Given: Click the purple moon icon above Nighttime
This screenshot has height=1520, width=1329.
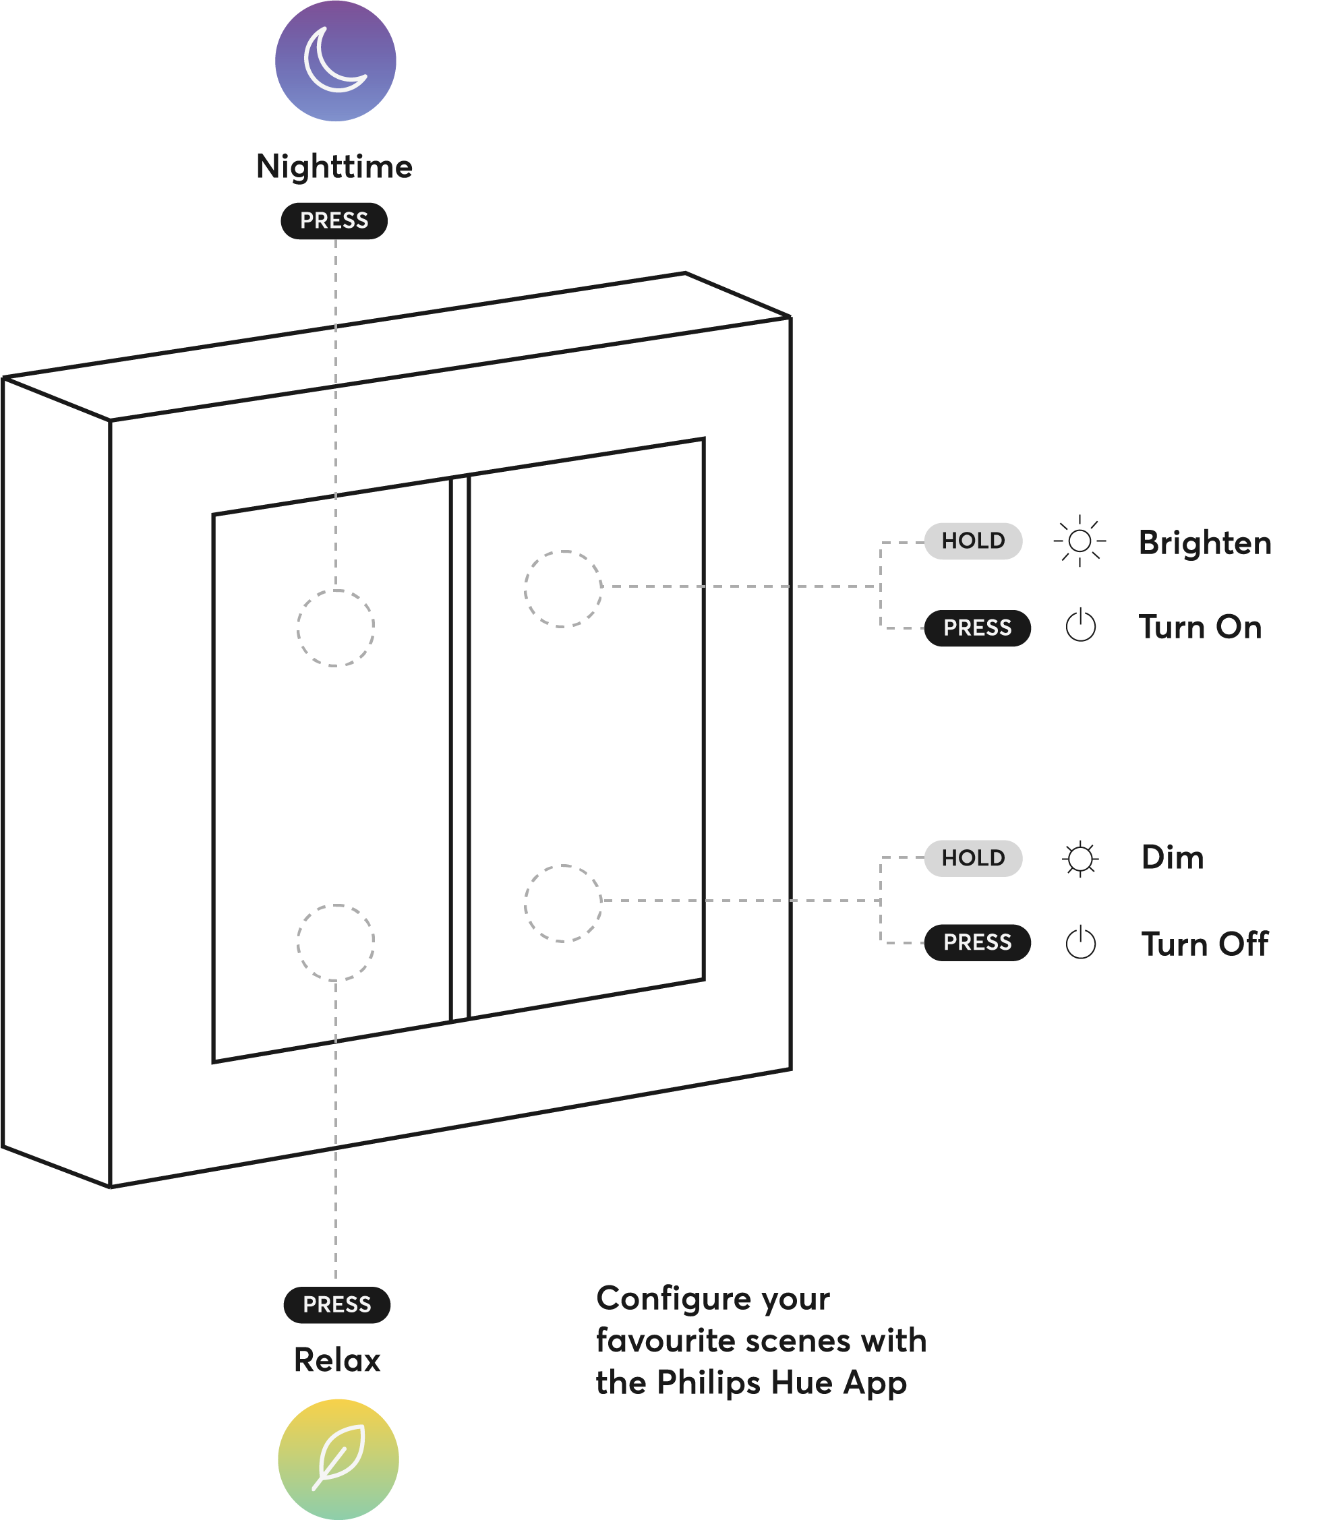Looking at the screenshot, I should click(335, 61).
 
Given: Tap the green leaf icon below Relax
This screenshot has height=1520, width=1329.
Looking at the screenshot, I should click(338, 1458).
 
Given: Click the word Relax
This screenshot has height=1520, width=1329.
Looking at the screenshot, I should click(337, 1360).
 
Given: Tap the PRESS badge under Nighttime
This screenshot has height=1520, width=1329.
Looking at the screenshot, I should click(334, 221).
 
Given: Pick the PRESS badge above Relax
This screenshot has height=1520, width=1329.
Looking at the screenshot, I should click(336, 1304).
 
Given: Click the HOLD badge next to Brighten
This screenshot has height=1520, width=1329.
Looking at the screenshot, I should click(973, 541).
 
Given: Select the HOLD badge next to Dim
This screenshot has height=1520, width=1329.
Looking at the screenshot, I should click(973, 858).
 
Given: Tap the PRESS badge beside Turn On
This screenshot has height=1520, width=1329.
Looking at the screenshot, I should click(977, 628).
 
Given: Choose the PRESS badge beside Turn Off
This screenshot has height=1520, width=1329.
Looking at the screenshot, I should click(977, 942).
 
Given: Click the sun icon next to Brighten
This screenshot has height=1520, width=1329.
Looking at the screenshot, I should click(1080, 541).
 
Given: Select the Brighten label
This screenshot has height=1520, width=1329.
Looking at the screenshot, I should click(1204, 543).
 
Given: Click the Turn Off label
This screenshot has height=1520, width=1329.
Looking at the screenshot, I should click(1204, 944).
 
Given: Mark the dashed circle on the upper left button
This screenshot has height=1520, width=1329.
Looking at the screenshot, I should click(336, 628).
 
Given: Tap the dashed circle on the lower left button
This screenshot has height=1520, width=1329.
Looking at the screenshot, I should click(336, 942).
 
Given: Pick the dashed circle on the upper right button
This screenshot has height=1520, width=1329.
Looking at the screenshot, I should click(563, 588).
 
